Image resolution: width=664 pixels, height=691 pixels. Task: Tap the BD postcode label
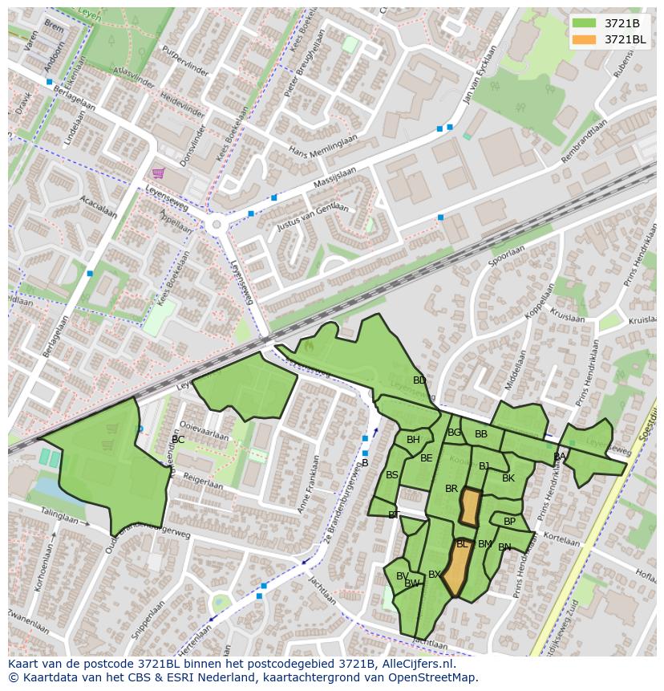point(419,380)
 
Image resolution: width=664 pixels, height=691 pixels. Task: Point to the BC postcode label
point(178,440)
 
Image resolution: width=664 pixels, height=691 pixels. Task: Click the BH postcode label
point(413,440)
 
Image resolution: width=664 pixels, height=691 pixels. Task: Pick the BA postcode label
point(560,457)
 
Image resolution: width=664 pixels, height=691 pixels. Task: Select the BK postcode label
point(508,478)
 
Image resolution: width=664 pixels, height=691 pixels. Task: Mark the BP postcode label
point(509,522)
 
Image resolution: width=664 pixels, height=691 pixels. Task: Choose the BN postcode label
point(504,547)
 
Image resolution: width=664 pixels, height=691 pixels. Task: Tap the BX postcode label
point(435,575)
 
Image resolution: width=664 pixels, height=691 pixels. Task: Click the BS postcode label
point(392,475)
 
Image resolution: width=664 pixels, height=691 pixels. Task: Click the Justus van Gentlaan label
point(313,217)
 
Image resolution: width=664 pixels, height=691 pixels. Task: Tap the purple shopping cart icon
point(159,173)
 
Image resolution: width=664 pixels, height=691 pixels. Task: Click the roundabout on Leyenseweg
point(214,226)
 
